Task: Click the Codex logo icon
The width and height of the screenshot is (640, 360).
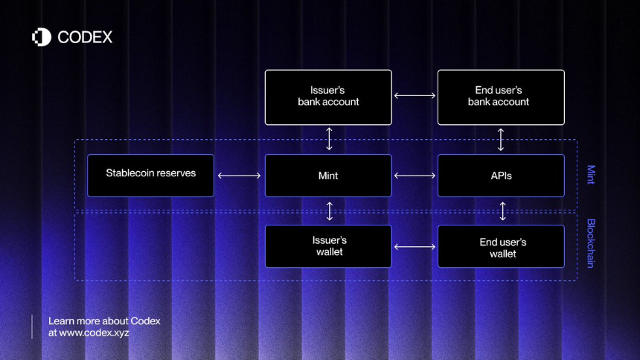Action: (42, 37)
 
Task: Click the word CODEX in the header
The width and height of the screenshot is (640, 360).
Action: (85, 37)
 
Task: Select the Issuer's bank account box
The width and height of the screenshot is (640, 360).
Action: (328, 97)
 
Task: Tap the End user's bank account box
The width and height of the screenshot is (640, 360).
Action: (501, 97)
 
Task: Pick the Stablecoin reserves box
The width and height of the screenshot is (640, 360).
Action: (150, 176)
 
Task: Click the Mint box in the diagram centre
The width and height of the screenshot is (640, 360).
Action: (328, 176)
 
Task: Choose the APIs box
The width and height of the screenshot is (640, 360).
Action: (501, 176)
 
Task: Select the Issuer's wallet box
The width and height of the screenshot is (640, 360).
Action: (328, 246)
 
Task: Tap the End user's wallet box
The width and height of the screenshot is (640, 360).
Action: (501, 246)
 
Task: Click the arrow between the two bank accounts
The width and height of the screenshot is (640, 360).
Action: (415, 95)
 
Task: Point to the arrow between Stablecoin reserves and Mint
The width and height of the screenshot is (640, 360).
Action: (239, 176)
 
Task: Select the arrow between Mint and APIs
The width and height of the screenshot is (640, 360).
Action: (415, 176)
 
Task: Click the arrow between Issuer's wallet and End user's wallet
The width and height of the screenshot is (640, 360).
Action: (415, 246)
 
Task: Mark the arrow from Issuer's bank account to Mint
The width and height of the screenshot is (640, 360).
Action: (329, 139)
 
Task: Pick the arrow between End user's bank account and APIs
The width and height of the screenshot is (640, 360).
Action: (501, 140)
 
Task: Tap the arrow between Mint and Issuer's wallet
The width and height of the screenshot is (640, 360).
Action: (330, 211)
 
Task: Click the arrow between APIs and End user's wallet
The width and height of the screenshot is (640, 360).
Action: (503, 211)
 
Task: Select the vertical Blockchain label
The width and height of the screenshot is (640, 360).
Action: (591, 243)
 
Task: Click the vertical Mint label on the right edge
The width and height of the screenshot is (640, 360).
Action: (591, 175)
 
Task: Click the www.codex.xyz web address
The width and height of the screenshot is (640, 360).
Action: (94, 332)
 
